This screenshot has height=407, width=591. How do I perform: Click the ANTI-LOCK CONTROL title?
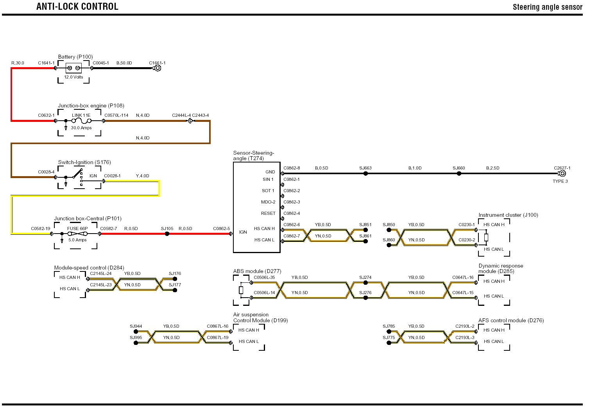[x=77, y=7]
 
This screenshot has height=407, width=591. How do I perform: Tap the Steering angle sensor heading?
[x=547, y=7]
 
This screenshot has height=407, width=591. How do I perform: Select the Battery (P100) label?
[x=75, y=57]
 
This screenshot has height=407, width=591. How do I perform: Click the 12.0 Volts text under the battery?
[x=73, y=77]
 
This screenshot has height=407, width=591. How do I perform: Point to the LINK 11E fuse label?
[x=81, y=115]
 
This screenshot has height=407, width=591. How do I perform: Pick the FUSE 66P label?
[x=77, y=228]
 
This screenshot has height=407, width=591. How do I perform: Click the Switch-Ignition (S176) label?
[x=84, y=162]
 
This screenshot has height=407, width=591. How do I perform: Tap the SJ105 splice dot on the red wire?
[x=167, y=234]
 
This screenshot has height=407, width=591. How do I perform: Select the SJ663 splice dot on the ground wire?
[x=365, y=173]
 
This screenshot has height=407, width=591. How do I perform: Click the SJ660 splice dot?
[x=459, y=173]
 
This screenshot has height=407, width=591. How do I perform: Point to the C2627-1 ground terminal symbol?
[x=562, y=173]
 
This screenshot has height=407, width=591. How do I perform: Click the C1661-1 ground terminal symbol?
[x=158, y=68]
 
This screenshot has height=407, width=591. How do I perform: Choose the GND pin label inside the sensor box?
[x=270, y=172]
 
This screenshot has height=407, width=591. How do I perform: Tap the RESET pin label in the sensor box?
[x=268, y=213]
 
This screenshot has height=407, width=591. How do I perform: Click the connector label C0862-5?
[x=221, y=228]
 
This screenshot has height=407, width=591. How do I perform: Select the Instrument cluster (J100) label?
[x=508, y=215]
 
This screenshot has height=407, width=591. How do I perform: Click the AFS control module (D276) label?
[x=511, y=320]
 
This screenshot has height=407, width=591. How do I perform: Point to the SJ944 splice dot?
[x=136, y=332]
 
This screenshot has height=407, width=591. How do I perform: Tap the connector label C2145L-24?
[x=100, y=273]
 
